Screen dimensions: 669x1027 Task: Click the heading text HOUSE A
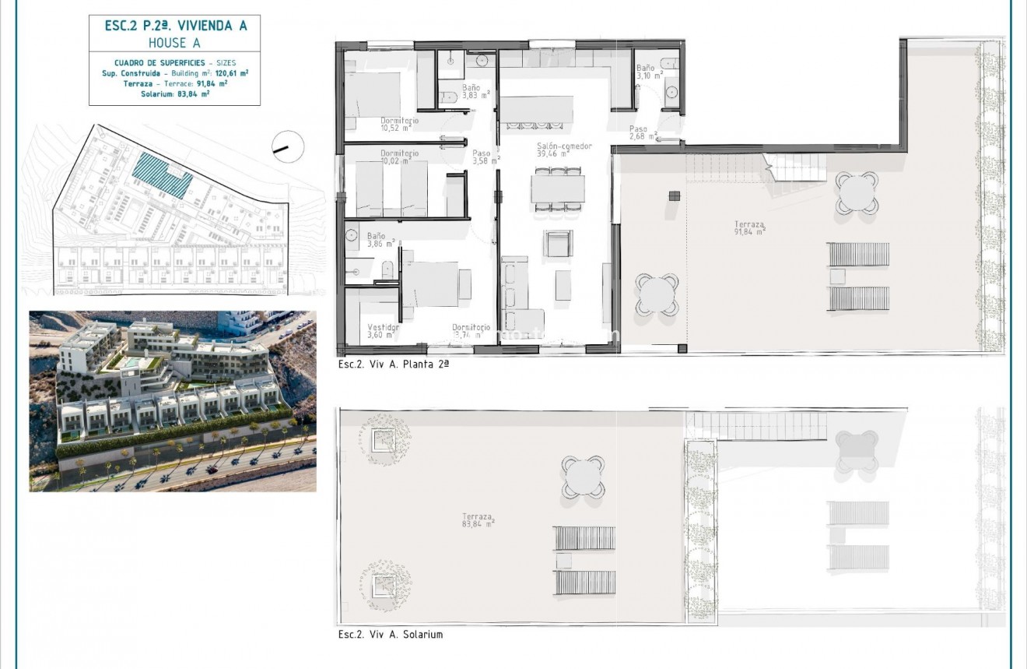174,43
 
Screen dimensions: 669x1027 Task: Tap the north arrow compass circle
288,146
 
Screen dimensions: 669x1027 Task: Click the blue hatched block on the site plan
163,175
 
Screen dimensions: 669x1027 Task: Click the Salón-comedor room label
564,150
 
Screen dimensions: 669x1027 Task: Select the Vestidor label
382,331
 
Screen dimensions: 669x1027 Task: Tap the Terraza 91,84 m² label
749,227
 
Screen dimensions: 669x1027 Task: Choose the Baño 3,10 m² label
648,72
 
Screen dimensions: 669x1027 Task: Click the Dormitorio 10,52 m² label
400,125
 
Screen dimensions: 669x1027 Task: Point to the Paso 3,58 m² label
482,157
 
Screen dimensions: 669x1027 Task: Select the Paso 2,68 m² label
643,132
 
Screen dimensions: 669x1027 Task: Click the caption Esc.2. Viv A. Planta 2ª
394,364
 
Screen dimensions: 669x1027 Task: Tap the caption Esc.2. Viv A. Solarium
390,635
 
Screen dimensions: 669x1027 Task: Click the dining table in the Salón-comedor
558,188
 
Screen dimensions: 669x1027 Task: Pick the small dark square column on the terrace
673,195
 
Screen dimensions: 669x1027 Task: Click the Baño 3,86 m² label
377,239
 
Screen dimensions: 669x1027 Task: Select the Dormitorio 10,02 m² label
399,157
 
